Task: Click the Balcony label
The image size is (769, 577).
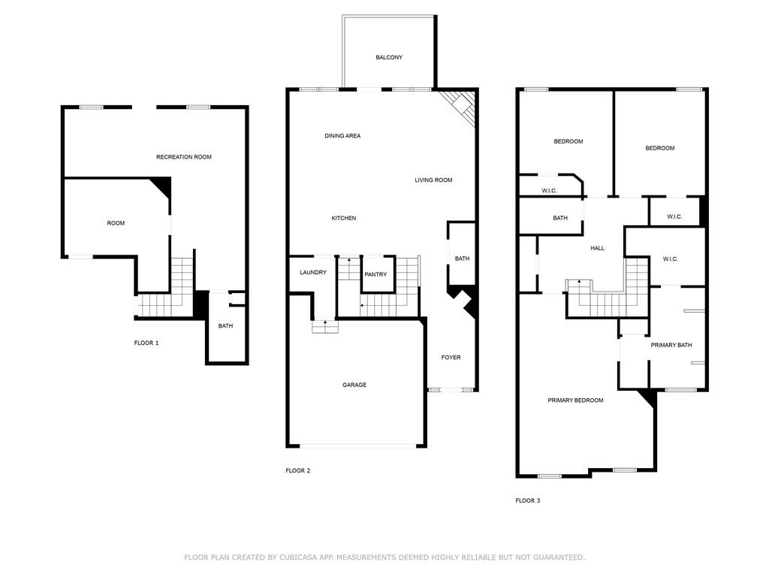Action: (389, 57)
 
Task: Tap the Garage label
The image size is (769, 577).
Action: (354, 385)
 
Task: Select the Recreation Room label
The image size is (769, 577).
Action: (184, 157)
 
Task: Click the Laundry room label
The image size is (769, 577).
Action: (313, 272)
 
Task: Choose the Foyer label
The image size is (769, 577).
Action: (451, 357)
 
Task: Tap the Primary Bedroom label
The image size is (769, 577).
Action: (575, 400)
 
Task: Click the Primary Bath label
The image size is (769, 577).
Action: (671, 345)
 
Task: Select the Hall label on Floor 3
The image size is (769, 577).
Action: (597, 248)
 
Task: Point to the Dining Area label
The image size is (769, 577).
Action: (342, 136)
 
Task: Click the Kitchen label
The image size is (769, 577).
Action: (344, 218)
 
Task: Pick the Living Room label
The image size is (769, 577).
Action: (433, 180)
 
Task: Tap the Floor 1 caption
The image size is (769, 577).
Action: (146, 343)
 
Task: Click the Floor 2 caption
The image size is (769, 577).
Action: (297, 470)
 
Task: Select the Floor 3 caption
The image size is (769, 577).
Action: (528, 500)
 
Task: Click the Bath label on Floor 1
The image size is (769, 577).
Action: (225, 326)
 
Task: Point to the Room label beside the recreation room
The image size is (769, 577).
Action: (116, 223)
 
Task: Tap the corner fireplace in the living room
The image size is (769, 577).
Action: (459, 108)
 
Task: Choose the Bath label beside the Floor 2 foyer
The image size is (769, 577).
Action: (462, 258)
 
